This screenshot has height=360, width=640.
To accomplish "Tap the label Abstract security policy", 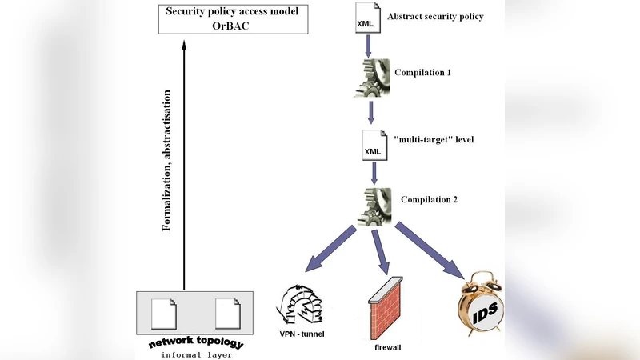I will pos(434,16).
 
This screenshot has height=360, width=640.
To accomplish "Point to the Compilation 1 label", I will pos(422,73).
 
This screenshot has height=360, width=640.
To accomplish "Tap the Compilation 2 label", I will pos(429,199).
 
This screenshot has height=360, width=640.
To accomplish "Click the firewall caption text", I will pos(387,348).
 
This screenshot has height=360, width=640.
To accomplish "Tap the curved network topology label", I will pos(196,343).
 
